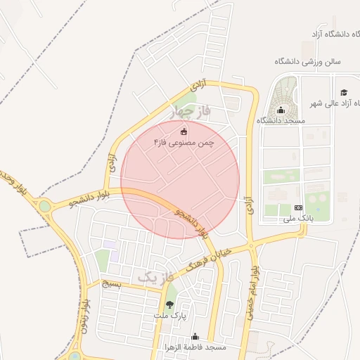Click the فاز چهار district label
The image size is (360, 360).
[x=191, y=111]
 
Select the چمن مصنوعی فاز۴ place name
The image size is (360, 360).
[x=184, y=143]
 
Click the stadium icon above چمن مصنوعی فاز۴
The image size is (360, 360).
[x=185, y=131]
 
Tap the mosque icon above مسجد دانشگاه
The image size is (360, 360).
[x=281, y=110]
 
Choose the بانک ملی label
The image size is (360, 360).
[x=297, y=219]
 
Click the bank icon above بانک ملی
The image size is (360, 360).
[x=298, y=207]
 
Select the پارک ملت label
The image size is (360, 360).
[x=169, y=316]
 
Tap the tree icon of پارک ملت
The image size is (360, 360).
[x=169, y=304]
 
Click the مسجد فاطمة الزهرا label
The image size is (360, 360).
[x=195, y=348]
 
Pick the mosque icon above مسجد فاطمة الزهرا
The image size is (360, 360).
[x=195, y=337]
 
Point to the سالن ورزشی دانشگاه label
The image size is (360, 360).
[x=307, y=61]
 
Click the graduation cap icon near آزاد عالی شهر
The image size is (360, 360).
[x=344, y=92]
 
